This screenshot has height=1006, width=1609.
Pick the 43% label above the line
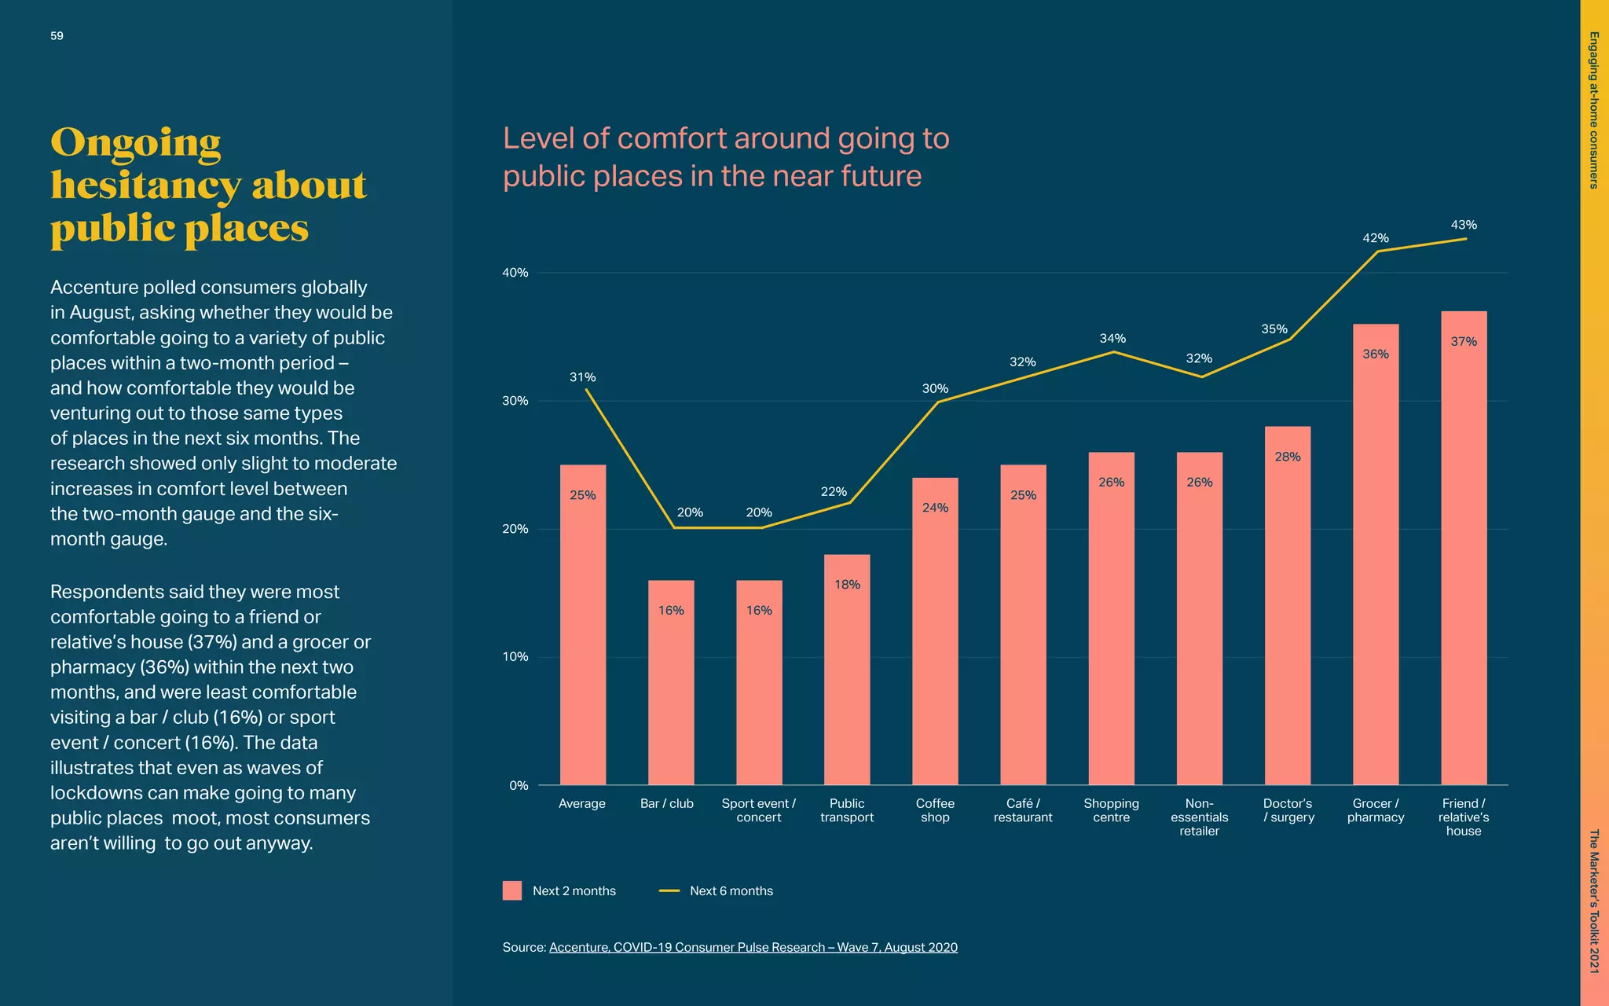coord(1464,225)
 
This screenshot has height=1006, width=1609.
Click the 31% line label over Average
coord(583,377)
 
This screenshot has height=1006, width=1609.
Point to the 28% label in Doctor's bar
coord(1288,457)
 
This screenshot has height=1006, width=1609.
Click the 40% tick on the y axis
coord(515,273)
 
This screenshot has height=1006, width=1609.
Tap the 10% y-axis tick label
coord(515,657)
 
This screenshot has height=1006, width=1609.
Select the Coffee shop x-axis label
coord(935,810)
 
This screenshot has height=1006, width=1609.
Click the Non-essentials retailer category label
coord(1199,817)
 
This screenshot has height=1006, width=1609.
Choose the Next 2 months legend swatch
coord(512,890)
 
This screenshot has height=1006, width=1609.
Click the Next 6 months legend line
coord(669,890)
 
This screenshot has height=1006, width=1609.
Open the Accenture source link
coord(753,947)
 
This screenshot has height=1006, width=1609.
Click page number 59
coord(57,36)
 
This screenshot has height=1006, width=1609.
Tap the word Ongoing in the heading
coord(136,143)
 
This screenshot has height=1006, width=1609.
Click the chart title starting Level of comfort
coord(726,157)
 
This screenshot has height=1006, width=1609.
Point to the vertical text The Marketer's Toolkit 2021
coord(1594,901)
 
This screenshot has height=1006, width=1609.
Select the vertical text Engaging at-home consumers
coord(1594,110)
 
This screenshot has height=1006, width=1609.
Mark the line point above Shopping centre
coord(1112,352)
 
